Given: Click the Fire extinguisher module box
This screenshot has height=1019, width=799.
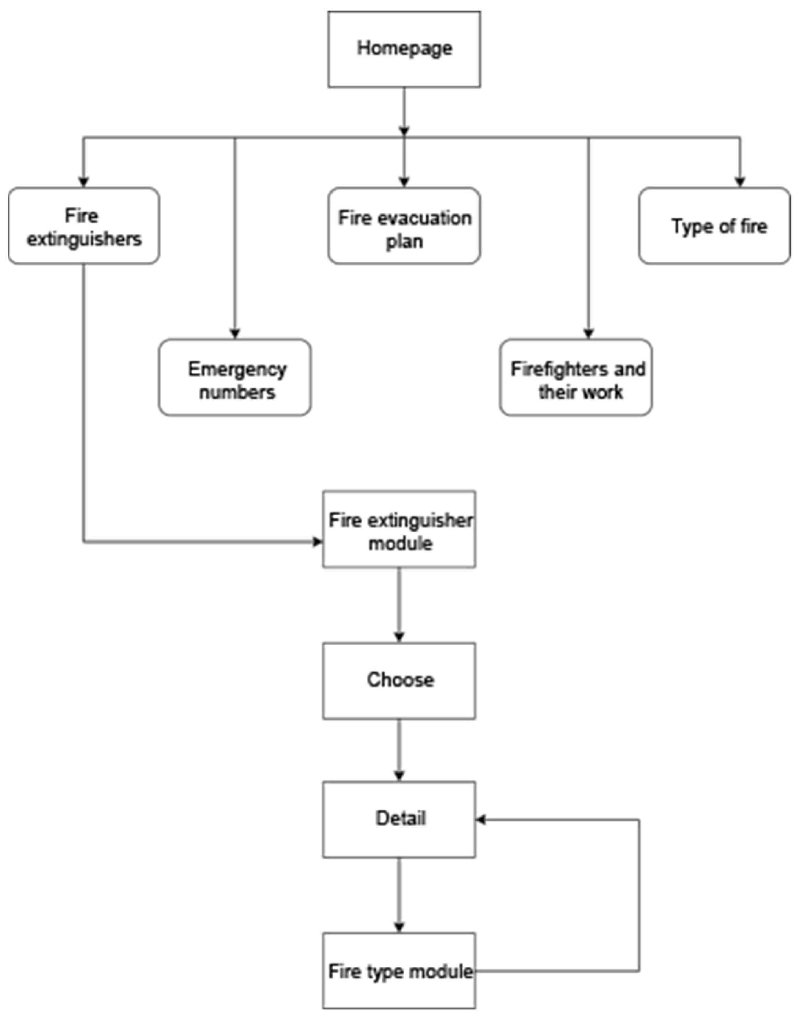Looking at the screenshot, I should (x=399, y=529).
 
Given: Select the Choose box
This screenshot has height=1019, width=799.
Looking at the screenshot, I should (x=399, y=681).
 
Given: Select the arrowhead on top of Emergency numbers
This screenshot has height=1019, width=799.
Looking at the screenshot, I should (x=235, y=333).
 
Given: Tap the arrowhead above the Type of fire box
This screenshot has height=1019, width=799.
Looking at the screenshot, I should (x=740, y=182).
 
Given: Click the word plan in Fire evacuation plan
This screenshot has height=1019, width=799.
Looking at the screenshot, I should (x=404, y=242).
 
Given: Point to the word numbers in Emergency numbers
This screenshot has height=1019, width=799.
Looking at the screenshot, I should (x=237, y=392).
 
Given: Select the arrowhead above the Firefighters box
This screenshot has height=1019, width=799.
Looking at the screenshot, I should (x=588, y=333).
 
